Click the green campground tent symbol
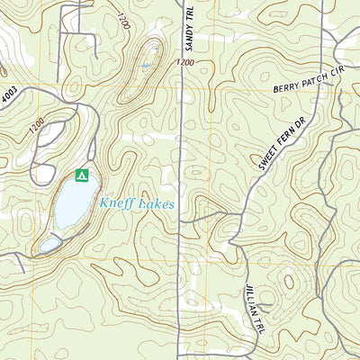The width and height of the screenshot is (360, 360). click(x=82, y=175)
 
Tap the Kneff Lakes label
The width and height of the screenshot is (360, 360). click(x=137, y=203)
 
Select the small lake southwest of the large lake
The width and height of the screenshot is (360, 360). click(x=49, y=244)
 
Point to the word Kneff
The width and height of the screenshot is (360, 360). click(x=118, y=203)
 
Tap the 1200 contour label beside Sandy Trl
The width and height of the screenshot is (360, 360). click(x=186, y=62)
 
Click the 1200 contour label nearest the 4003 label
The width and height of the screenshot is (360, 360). click(x=36, y=129)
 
